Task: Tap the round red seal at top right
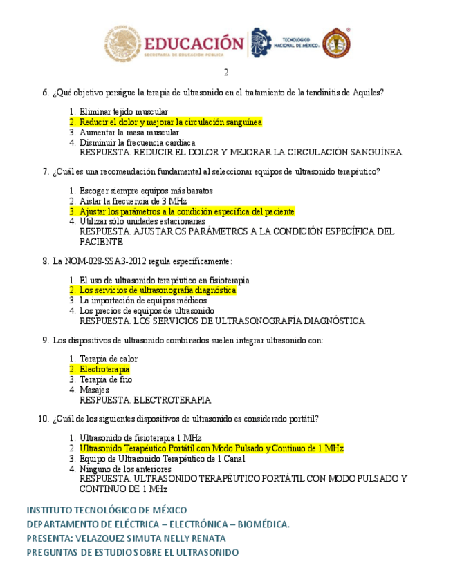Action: (336, 44)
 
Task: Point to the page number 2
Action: (226, 73)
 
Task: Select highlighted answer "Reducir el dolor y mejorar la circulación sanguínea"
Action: (170, 122)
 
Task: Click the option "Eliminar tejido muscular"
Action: (123, 112)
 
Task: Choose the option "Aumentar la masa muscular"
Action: (129, 133)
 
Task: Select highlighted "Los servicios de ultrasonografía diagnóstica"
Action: (157, 291)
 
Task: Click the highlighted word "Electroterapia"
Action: (104, 370)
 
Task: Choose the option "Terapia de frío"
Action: (106, 380)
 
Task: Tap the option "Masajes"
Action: (94, 390)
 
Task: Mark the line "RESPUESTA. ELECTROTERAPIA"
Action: (145, 400)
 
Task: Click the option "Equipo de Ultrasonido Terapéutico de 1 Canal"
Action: (162, 459)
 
